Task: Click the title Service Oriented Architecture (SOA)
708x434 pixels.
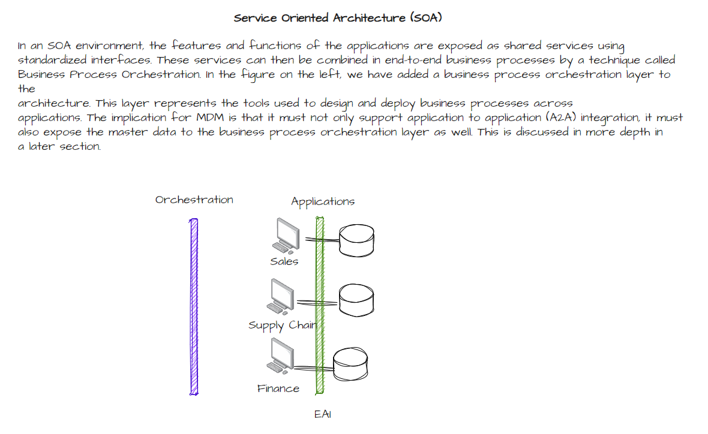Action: tap(338, 18)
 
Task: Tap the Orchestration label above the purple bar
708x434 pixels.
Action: tap(194, 200)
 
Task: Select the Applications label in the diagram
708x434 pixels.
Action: tap(323, 201)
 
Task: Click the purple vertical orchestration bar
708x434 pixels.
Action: tap(194, 306)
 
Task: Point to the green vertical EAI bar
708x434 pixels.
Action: tap(320, 306)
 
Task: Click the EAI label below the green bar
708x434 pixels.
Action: tap(322, 414)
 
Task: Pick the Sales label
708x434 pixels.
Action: tap(284, 261)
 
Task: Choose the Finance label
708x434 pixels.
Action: tap(278, 388)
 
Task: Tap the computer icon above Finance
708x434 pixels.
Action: tap(280, 356)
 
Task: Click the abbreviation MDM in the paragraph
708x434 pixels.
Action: tap(207, 117)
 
